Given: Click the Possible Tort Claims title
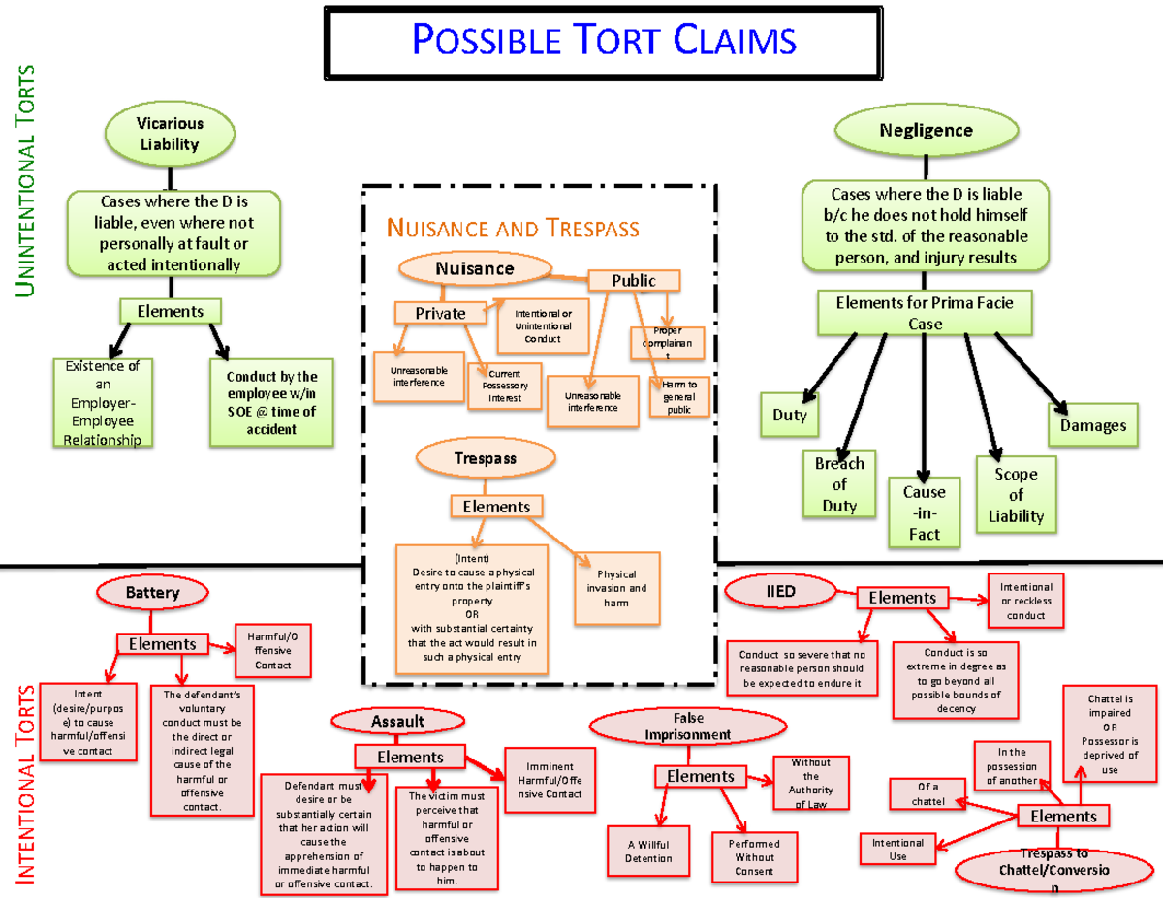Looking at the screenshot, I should (604, 41).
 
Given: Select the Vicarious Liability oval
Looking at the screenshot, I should (170, 134).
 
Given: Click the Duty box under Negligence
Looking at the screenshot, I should (789, 415).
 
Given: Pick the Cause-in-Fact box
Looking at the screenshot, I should (924, 512).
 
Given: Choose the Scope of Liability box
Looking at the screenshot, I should (1015, 495).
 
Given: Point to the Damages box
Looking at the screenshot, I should (1092, 425).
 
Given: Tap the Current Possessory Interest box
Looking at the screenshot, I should (504, 385).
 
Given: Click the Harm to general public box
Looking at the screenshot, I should (680, 397).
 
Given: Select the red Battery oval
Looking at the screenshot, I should (152, 592).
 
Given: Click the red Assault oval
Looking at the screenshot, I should (397, 721).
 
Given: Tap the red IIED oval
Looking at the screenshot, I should (781, 589).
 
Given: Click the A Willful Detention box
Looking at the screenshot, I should (648, 851).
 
